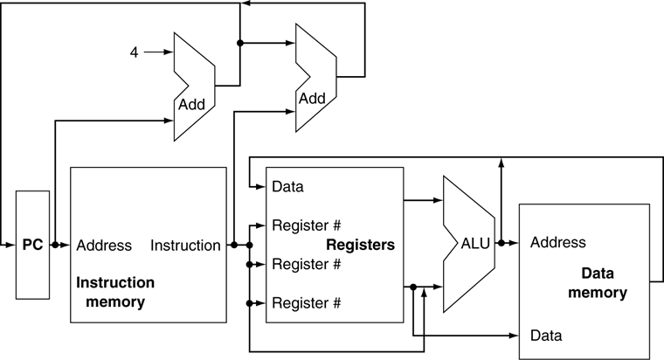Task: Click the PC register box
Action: [32, 246]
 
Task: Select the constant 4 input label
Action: [134, 52]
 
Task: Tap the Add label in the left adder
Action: [191, 104]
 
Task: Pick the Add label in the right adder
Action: [312, 98]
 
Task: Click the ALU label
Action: [477, 245]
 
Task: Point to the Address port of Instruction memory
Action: [104, 246]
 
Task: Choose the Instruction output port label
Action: [185, 246]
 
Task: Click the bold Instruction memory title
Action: [115, 293]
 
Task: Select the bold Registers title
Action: [361, 246]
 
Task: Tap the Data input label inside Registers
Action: [288, 186]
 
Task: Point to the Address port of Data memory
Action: [557, 242]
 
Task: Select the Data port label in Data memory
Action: [546, 335]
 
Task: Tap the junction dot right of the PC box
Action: [55, 246]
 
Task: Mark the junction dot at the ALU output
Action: [501, 244]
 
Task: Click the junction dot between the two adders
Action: [239, 42]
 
